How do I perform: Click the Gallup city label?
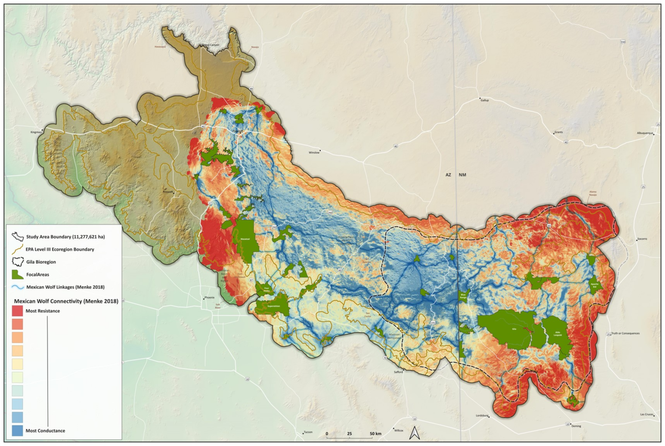tap(485, 100)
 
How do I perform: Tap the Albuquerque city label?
tap(645, 133)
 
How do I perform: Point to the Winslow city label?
tap(314, 152)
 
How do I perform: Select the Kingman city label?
tap(36, 132)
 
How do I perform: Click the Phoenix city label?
tap(209, 298)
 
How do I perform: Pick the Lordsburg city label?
tap(482, 416)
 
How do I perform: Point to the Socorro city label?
tap(642, 239)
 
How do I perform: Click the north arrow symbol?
tap(414, 433)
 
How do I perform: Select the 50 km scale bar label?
tap(376, 434)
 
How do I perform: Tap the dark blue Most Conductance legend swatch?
tap(17, 430)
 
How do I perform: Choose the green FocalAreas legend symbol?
tap(17, 274)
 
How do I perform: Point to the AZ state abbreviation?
tap(448, 175)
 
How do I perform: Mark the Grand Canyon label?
tap(210, 45)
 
